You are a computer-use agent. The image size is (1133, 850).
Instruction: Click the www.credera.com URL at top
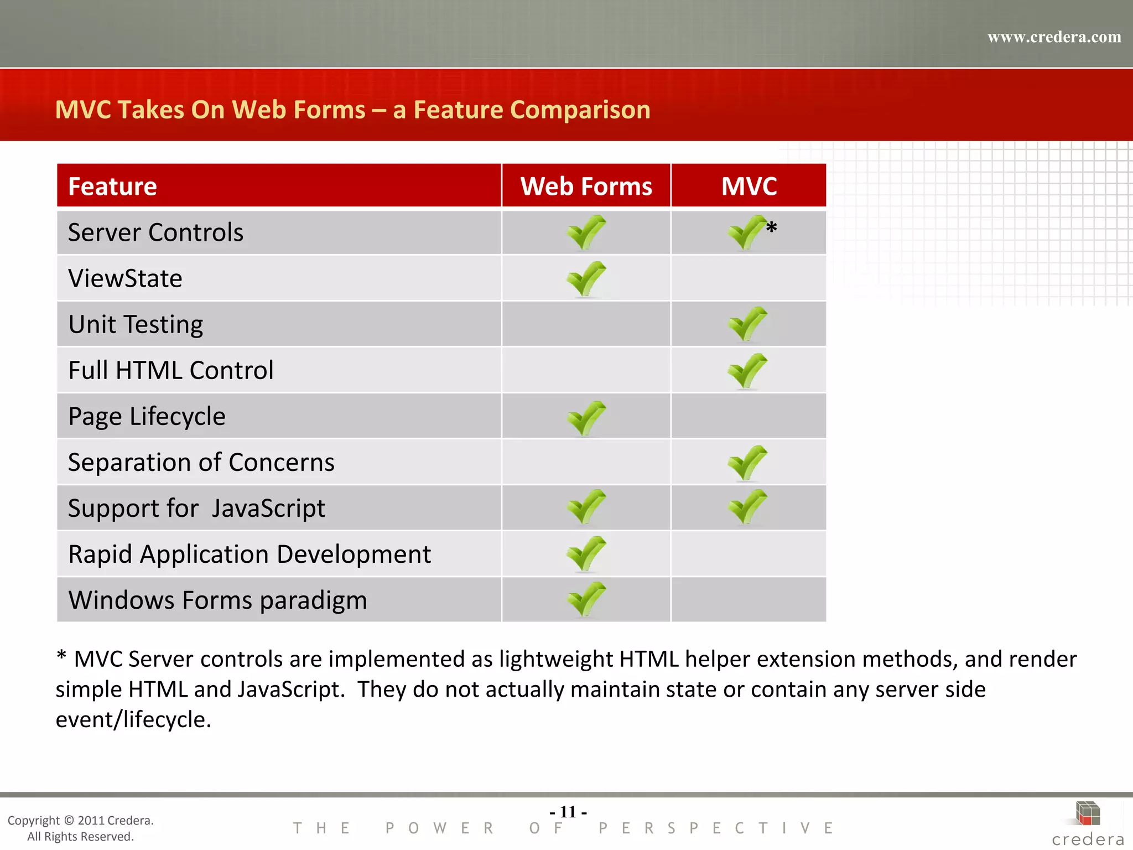pos(1054,37)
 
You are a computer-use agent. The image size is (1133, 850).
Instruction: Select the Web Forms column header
pos(586,186)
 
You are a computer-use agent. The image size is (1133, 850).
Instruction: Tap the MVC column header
pos(749,186)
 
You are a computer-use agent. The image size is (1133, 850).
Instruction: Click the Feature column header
pos(112,186)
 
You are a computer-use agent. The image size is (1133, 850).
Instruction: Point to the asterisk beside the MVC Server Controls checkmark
pos(772,227)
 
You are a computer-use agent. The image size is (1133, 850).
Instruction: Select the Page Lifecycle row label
pos(147,417)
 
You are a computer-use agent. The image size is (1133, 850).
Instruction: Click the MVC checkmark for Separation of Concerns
pos(747,463)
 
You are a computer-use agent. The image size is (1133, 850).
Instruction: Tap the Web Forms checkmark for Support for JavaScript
pos(586,507)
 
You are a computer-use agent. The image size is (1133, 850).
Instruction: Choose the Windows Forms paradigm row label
pos(217,600)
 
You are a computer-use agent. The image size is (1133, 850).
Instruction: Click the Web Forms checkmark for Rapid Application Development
pos(586,553)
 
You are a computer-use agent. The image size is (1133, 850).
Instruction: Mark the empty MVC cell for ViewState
pos(748,278)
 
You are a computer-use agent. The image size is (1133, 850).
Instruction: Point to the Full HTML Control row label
pos(170,370)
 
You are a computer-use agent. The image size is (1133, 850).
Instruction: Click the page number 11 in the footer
pos(568,812)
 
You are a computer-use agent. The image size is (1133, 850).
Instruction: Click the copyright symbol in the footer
pos(69,821)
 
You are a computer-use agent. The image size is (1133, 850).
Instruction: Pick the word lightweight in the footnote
pos(556,659)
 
